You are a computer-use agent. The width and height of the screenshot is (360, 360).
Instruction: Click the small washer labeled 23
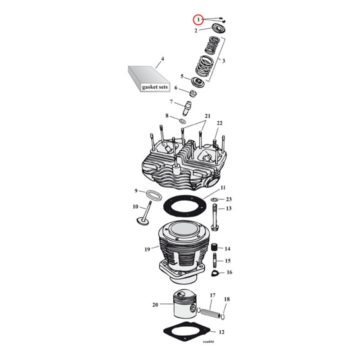pyautogui.click(x=215, y=199)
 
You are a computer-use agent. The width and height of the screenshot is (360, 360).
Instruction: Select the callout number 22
pyautogui.click(x=220, y=123)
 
